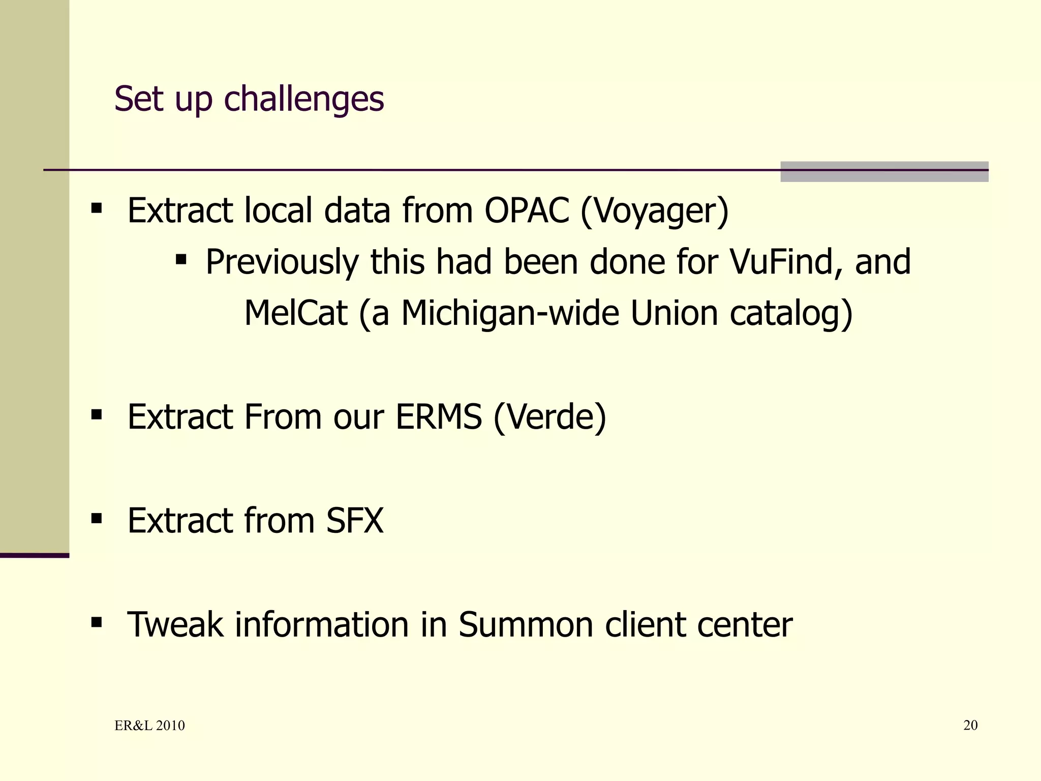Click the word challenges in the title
[x=303, y=99]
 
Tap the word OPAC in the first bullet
[x=526, y=211]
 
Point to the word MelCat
[x=296, y=313]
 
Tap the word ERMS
[x=438, y=417]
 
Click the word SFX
[x=354, y=521]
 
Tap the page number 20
[x=970, y=726]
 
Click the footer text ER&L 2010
[x=149, y=726]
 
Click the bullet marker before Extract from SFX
[x=97, y=519]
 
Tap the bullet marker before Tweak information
[x=97, y=623]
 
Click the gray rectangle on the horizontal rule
[x=884, y=172]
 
